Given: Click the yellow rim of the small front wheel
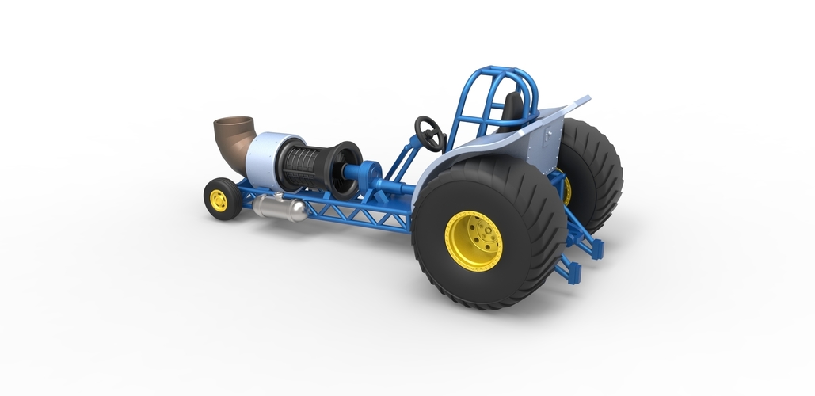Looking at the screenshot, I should coord(218,200).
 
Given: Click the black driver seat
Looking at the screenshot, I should coord(513,108).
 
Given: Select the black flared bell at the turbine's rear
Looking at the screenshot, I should coord(346,169).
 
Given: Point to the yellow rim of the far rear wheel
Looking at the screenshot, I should coord(566,188).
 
